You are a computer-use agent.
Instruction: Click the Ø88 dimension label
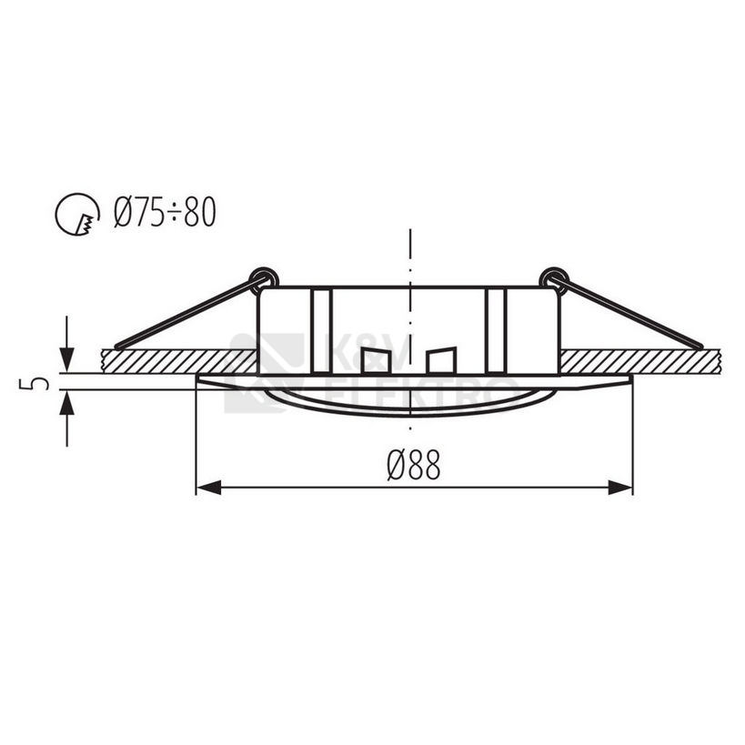click(x=413, y=466)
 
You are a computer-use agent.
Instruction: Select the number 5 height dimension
click(x=35, y=381)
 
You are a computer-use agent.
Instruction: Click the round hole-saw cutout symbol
click(x=77, y=215)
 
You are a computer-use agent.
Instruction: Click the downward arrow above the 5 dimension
click(x=66, y=358)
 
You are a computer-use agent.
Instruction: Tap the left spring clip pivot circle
click(x=265, y=277)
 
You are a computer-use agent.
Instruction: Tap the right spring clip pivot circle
click(x=552, y=277)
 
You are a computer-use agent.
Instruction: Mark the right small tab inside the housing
click(x=440, y=360)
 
